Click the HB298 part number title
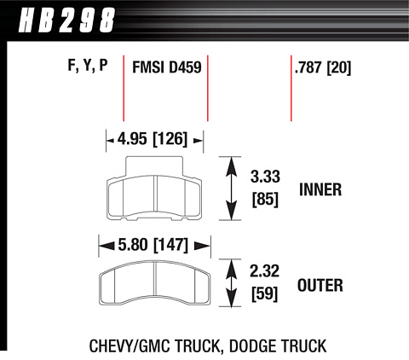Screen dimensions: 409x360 [66, 20]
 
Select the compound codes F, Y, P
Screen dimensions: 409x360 [88, 66]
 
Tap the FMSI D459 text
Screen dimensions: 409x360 [167, 67]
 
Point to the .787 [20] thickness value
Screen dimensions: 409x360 [323, 67]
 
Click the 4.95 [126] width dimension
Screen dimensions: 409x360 [153, 139]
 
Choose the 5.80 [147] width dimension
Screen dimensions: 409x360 [153, 245]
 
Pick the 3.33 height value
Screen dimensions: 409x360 [265, 177]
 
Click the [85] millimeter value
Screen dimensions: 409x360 [265, 199]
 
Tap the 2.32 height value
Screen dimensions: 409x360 [265, 271]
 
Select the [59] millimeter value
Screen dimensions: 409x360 [264, 293]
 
